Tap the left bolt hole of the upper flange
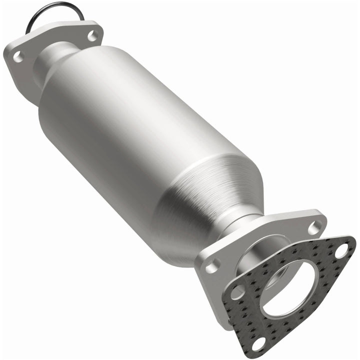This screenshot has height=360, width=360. tap(18, 56)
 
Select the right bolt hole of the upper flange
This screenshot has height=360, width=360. tap(92, 35)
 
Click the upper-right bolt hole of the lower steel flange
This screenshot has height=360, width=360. tap(314, 228)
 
